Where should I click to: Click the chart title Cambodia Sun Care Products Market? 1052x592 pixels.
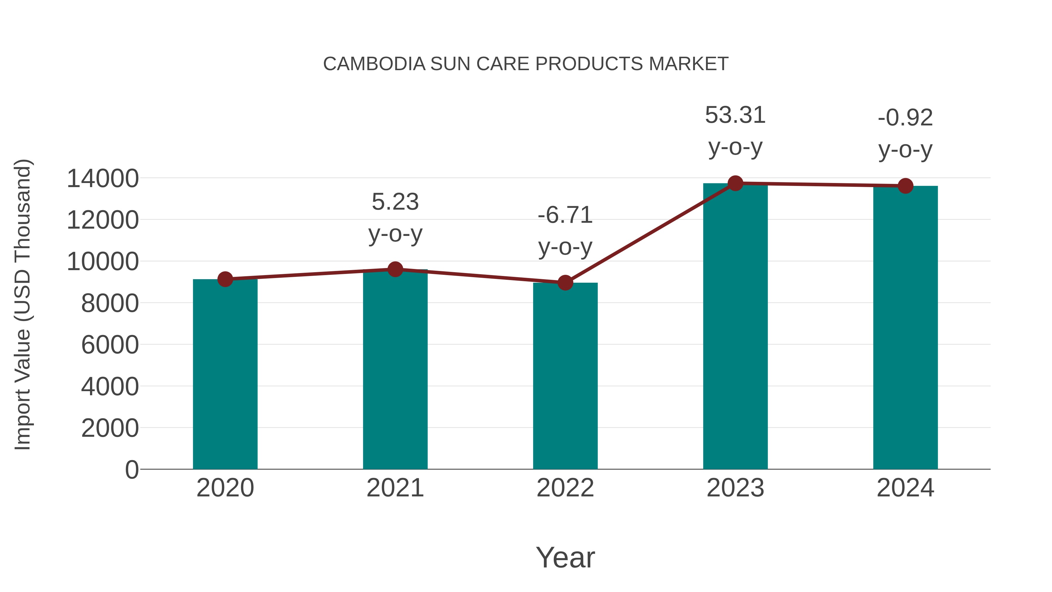click(526, 64)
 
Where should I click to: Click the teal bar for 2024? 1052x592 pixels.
click(905, 327)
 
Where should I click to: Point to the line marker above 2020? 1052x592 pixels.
click(225, 279)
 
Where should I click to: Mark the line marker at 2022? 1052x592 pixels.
click(565, 282)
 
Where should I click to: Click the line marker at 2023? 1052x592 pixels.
click(735, 183)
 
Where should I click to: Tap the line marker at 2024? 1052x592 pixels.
click(905, 186)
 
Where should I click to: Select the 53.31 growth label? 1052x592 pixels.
click(735, 115)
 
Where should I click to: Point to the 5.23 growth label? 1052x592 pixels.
click(395, 202)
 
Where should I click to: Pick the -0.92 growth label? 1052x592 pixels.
click(905, 118)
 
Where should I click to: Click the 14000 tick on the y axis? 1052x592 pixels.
click(103, 179)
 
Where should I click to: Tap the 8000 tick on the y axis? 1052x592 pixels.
click(110, 303)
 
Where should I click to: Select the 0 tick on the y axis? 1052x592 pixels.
click(131, 470)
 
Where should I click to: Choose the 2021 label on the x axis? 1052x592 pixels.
click(395, 488)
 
